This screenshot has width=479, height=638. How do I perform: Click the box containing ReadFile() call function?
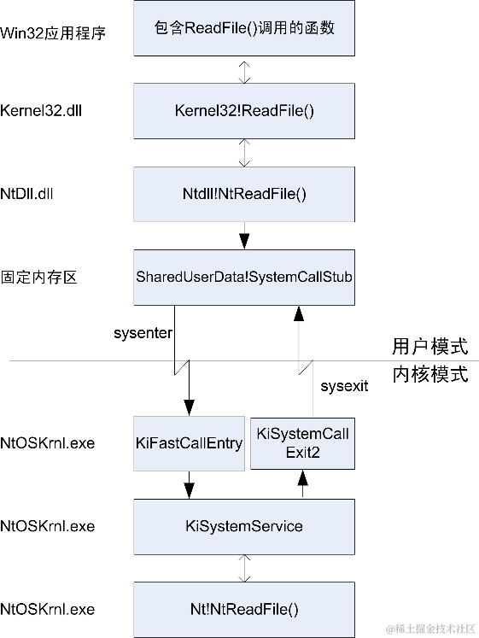click(x=244, y=29)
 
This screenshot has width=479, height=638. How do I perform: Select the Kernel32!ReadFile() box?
click(x=244, y=111)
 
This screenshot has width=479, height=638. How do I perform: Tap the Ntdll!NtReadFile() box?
click(x=244, y=194)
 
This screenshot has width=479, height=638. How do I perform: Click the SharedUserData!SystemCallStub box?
click(x=244, y=277)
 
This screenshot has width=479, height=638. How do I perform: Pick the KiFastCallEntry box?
click(x=189, y=442)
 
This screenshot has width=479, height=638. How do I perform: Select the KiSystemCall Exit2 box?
click(x=302, y=442)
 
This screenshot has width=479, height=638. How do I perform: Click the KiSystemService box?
click(x=244, y=525)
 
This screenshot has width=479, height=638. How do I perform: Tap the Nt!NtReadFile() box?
click(x=244, y=609)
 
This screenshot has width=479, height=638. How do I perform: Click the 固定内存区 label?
click(x=39, y=278)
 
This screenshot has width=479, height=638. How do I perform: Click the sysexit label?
click(x=344, y=386)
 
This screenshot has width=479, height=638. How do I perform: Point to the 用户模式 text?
click(x=429, y=347)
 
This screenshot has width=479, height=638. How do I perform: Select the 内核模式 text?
click(x=429, y=375)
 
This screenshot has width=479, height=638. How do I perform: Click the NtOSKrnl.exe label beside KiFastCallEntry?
click(x=48, y=443)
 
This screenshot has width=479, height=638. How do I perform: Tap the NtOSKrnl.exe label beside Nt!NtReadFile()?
click(x=48, y=610)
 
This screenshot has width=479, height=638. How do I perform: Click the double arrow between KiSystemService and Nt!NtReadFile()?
click(x=245, y=567)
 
